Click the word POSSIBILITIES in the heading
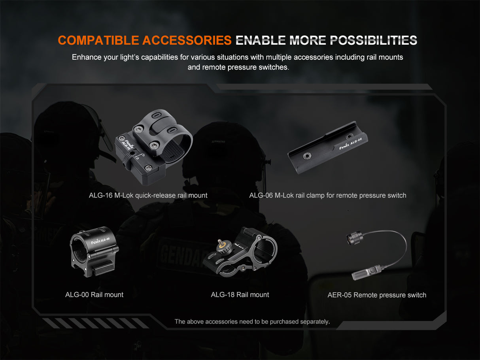point(373,40)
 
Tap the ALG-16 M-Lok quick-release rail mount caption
point(148,195)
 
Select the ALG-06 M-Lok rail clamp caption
point(327,195)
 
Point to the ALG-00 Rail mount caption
point(94,295)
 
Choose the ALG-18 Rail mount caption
point(240,295)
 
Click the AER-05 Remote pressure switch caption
point(376,295)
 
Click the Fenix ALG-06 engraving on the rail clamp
point(350,144)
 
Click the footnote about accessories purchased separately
point(252,322)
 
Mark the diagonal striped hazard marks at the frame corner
point(95,323)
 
